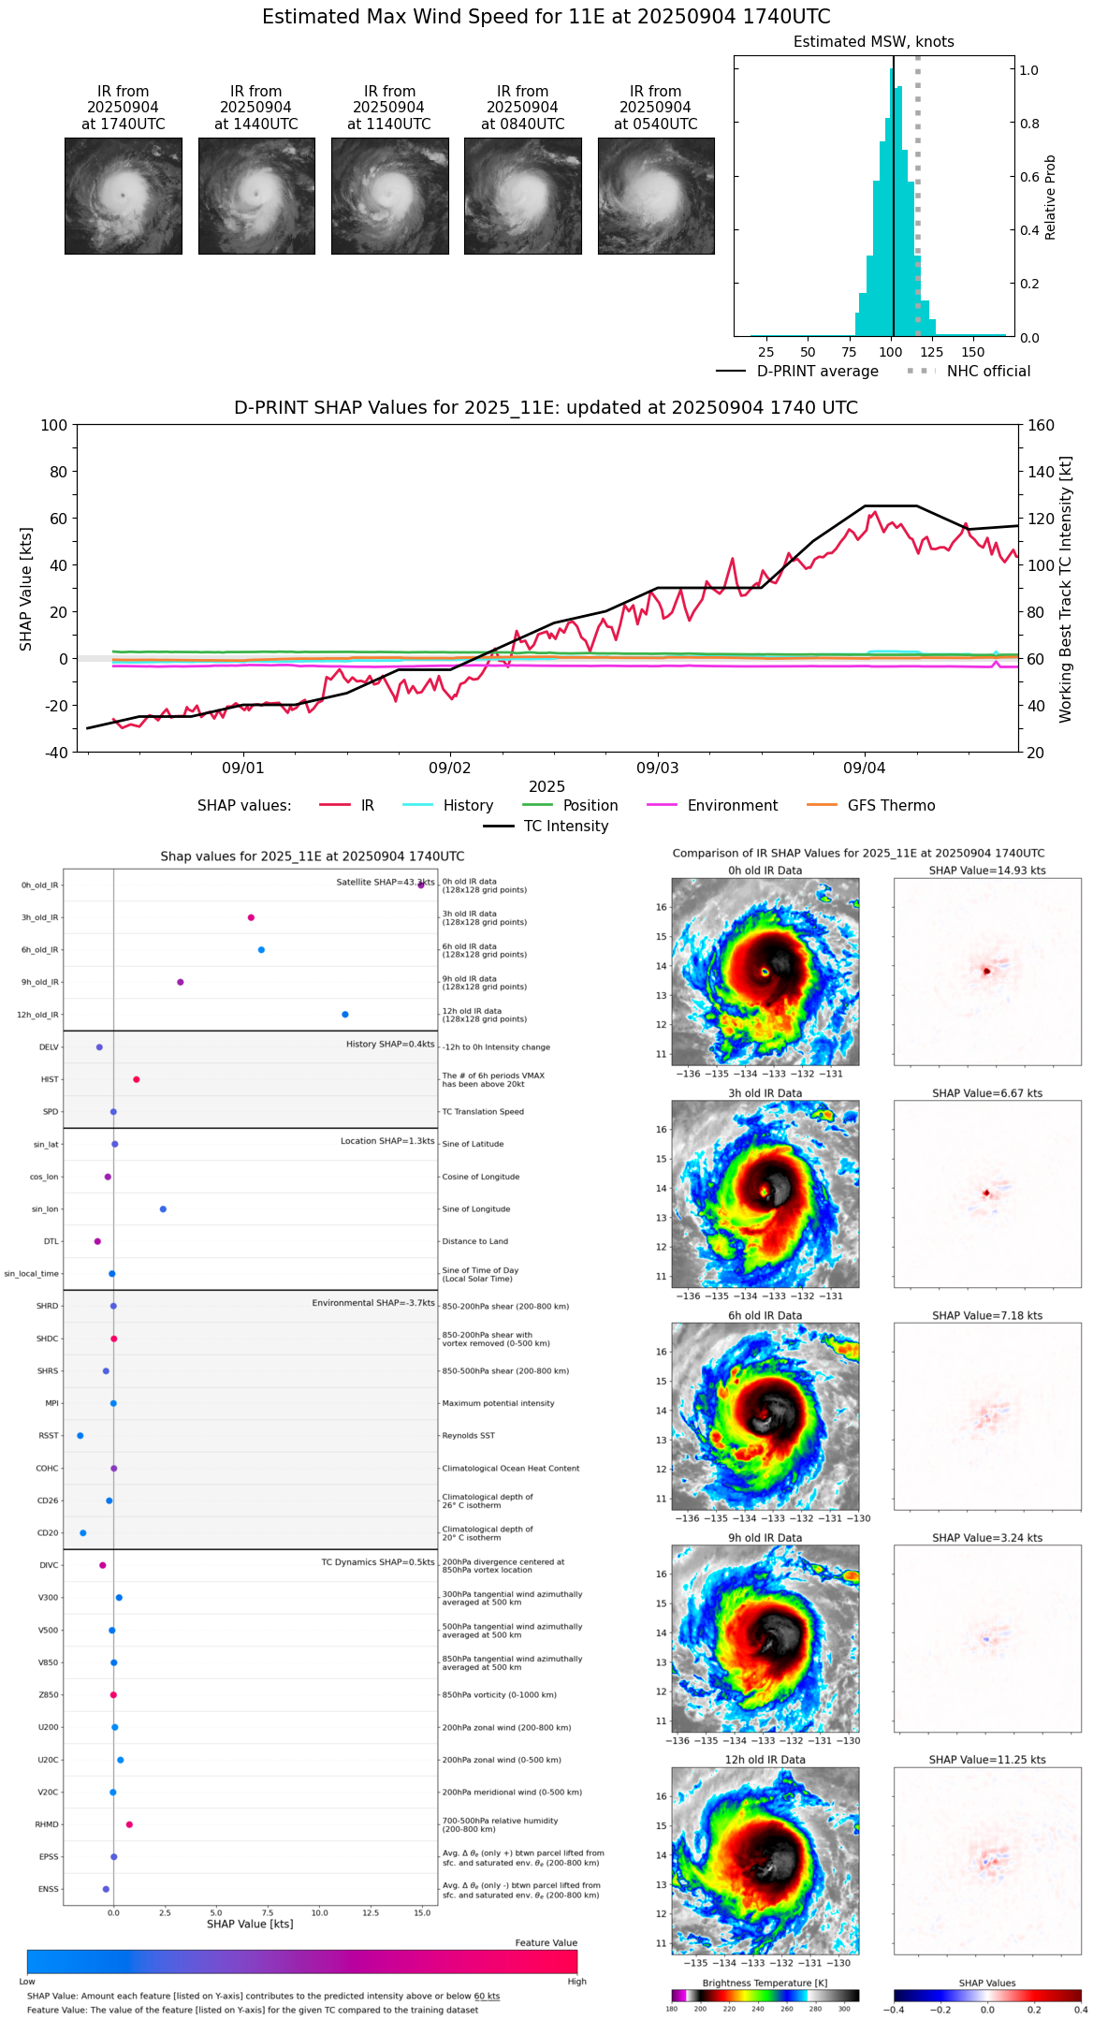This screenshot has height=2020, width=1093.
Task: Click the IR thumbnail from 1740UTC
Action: coord(123,196)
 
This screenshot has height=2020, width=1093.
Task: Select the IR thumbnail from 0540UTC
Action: coord(656,196)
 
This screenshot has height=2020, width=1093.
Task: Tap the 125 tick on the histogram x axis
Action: coord(932,352)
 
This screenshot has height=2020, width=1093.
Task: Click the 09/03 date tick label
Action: coord(657,768)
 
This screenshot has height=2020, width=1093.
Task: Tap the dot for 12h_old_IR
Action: coord(345,1015)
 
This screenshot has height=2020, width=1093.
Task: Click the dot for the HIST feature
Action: coord(137,1079)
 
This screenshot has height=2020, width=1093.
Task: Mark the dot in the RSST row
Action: coord(80,1435)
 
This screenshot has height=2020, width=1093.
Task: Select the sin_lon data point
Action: coord(163,1209)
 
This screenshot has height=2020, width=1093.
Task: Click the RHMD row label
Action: coord(47,1824)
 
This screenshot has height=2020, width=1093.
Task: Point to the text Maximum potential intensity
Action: coord(498,1403)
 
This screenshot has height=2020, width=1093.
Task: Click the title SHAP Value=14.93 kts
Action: coord(987,871)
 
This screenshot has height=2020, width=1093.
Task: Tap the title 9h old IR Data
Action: coord(765,1538)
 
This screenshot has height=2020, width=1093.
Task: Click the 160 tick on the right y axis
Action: coord(1042,426)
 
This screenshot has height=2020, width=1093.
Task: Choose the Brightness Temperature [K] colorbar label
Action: coord(765,1983)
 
